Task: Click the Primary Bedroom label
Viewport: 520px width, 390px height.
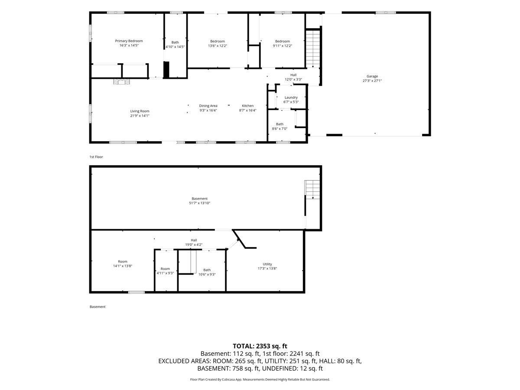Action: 129,41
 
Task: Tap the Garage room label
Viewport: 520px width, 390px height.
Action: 372,76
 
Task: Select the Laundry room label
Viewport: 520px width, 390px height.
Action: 291,97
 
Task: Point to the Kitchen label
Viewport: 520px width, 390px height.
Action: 247,106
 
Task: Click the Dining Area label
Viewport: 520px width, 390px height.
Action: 208,106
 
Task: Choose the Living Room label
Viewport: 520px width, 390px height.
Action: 140,111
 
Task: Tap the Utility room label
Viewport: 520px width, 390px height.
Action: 267,264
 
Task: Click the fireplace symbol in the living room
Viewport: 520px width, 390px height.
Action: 121,82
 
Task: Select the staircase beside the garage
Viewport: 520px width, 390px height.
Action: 313,49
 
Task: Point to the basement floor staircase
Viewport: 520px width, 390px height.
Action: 312,190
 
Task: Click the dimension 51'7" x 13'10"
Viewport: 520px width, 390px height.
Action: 199,203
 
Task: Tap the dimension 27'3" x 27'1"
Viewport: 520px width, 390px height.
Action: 372,81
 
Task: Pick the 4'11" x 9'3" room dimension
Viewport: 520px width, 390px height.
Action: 165,273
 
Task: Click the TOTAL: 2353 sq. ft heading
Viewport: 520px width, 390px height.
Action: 260,346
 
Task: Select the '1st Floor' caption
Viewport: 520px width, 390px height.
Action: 96,157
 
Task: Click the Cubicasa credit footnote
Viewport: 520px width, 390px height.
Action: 260,379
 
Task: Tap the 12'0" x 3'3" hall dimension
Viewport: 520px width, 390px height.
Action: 293,80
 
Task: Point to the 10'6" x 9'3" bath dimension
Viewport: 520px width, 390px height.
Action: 207,274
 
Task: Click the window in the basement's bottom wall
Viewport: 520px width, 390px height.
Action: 136,292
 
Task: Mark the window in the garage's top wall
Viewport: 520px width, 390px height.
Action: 386,13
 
